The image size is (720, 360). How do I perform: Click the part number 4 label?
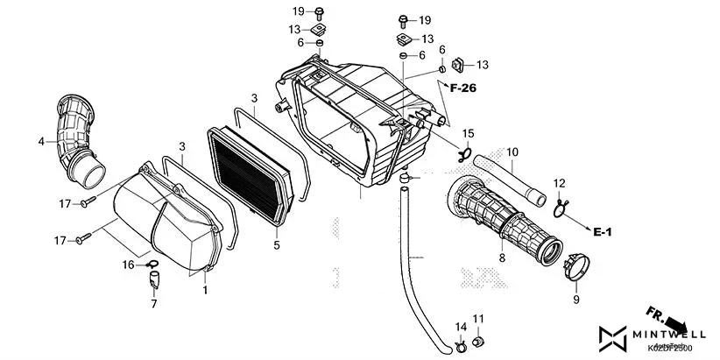[40, 141]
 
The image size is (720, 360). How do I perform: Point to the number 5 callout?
[276, 246]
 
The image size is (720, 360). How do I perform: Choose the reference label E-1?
[602, 232]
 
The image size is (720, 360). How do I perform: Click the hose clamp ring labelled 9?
[578, 267]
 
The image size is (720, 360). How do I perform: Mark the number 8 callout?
[502, 258]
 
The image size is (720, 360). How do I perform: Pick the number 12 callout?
[558, 182]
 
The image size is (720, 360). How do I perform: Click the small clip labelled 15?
[464, 154]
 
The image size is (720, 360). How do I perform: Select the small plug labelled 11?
[478, 340]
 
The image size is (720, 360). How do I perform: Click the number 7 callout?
[153, 305]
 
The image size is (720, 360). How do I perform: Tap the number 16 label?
[128, 264]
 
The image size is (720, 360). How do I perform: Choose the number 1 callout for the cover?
[205, 290]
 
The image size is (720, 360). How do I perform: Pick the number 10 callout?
[512, 152]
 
